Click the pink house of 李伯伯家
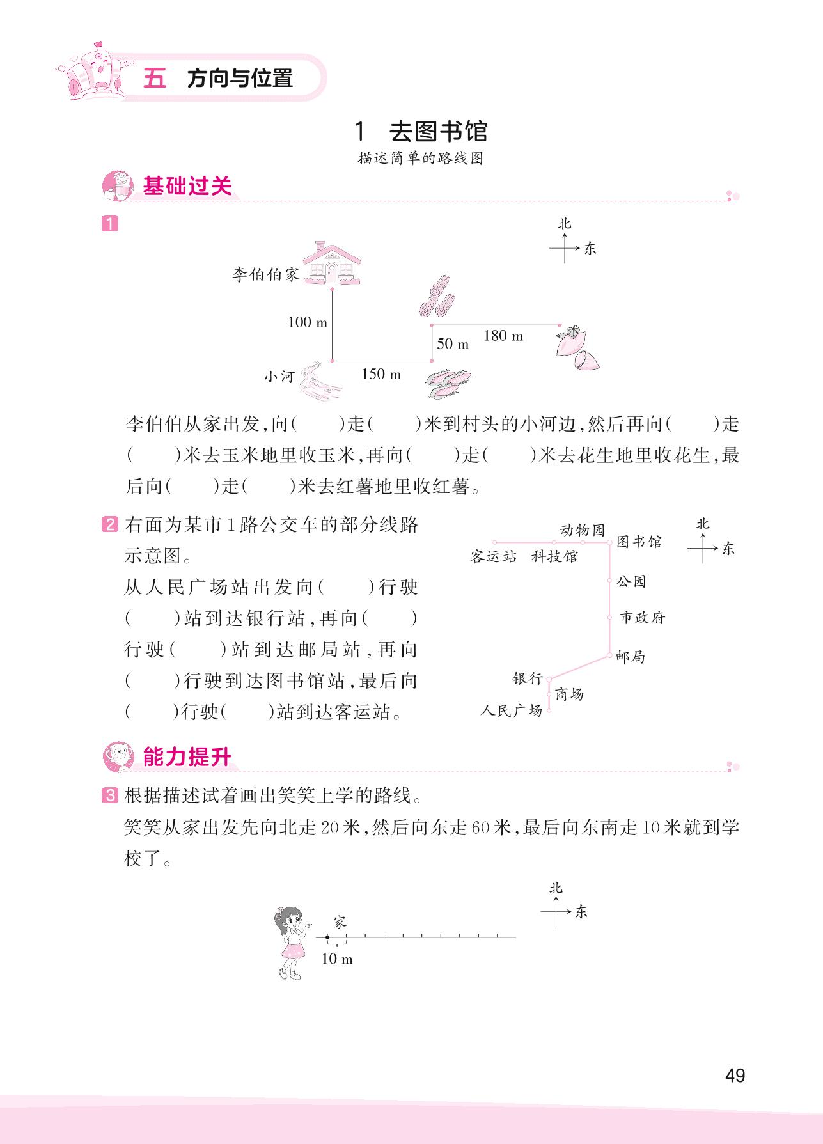pyautogui.click(x=331, y=263)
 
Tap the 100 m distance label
pyautogui.click(x=307, y=322)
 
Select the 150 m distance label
pyautogui.click(x=381, y=374)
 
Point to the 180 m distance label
pyautogui.click(x=503, y=336)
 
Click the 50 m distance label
pyautogui.click(x=453, y=344)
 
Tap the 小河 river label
pyautogui.click(x=279, y=377)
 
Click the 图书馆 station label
pyautogui.click(x=639, y=542)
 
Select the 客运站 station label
pyautogui.click(x=493, y=556)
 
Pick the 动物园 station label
pyautogui.click(x=582, y=530)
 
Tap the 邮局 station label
pyautogui.click(x=631, y=657)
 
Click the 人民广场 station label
pyautogui.click(x=512, y=710)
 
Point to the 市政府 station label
pyautogui.click(x=643, y=618)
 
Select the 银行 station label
pyautogui.click(x=528, y=678)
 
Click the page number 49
pyautogui.click(x=735, y=1075)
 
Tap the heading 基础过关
pyautogui.click(x=187, y=187)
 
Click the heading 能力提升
pyautogui.click(x=187, y=757)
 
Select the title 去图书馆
pyautogui.click(x=438, y=132)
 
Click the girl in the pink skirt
pyautogui.click(x=291, y=943)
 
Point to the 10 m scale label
pyautogui.click(x=337, y=959)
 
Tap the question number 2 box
pyautogui.click(x=110, y=525)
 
